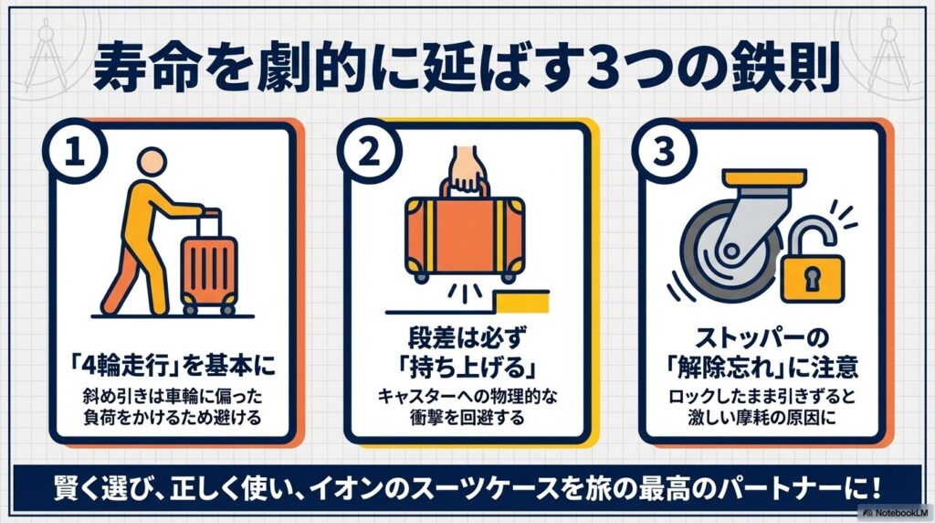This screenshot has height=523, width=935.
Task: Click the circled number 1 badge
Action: [75, 151]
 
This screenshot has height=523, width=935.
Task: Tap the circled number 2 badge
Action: [369, 151]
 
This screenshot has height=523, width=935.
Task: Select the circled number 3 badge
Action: [664, 151]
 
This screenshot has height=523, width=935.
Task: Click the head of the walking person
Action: [152, 163]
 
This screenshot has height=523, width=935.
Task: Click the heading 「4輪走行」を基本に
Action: [173, 365]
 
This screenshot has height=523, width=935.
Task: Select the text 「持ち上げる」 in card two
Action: [467, 366]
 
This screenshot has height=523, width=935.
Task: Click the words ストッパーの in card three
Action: [762, 338]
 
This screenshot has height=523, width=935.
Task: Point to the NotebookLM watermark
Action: [896, 512]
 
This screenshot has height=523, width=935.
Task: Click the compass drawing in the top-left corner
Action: [46, 55]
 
